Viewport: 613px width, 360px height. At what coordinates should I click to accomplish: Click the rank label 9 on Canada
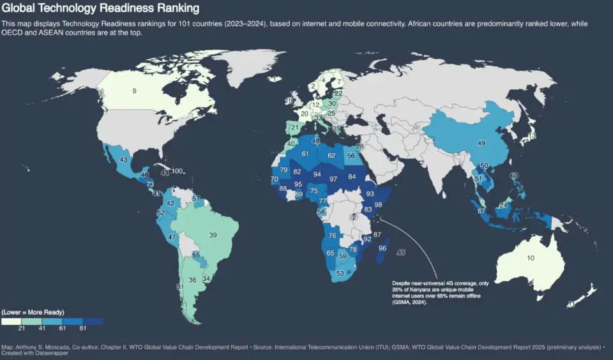[134, 92]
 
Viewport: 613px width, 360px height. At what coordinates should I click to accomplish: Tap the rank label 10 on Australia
[531, 258]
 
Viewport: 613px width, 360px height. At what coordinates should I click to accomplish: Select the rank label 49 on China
[482, 143]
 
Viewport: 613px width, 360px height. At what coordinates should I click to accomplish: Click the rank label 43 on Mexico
[124, 160]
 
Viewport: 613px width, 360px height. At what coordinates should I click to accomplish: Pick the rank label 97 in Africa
[333, 179]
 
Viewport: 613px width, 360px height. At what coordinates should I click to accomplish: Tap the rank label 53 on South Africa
[340, 273]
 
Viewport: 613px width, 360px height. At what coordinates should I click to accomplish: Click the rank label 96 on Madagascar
[382, 248]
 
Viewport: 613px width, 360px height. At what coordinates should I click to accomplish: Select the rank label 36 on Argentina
[192, 280]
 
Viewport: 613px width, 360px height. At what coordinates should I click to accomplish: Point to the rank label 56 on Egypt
[351, 156]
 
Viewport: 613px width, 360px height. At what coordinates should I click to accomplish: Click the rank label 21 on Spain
[294, 128]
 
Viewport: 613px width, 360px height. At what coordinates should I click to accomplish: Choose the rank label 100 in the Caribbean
[177, 171]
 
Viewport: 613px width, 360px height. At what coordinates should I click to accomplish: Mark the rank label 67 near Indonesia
[481, 211]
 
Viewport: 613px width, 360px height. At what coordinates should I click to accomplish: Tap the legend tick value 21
[22, 327]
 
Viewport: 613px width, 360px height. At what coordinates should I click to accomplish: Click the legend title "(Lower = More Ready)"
[33, 312]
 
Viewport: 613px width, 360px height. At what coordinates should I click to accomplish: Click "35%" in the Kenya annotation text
[400, 289]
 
